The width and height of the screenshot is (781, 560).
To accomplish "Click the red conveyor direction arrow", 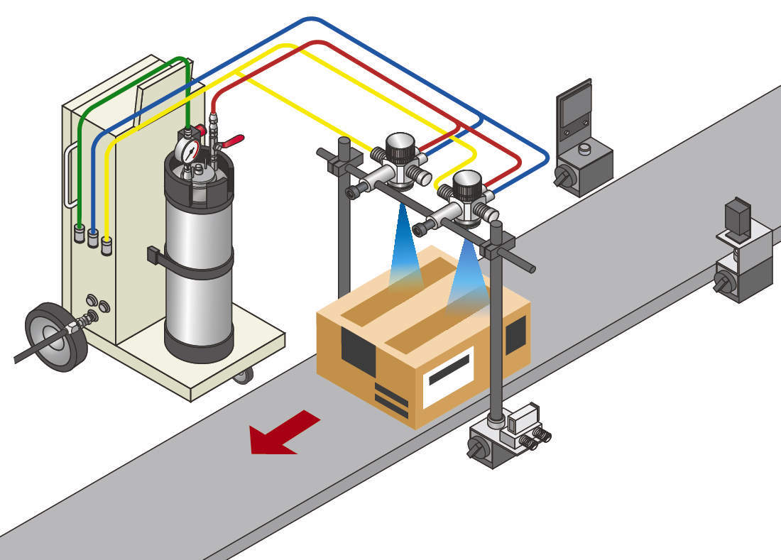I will (x=284, y=432).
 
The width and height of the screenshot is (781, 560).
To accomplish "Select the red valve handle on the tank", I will (x=231, y=141).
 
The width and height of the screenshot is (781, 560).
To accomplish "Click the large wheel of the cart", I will (x=55, y=336).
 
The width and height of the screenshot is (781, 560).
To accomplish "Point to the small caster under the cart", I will (x=244, y=375).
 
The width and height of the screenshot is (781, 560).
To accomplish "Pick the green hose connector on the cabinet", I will (x=80, y=232).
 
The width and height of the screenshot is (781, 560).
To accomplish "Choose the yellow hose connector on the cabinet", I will (x=106, y=246).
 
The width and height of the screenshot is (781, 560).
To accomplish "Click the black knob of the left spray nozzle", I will (x=401, y=148).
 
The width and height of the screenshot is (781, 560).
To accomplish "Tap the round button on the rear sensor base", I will (x=585, y=149).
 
